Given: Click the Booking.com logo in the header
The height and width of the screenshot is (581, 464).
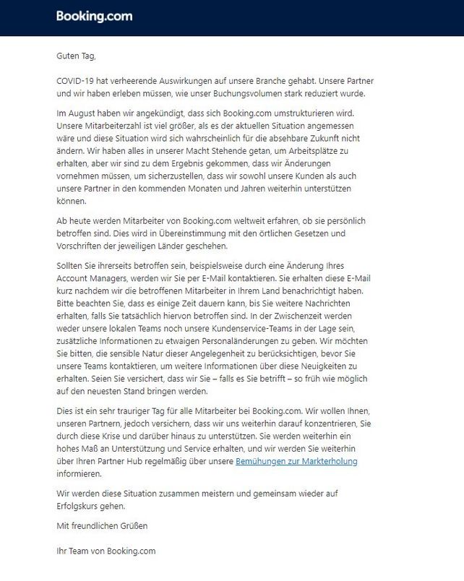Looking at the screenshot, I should (x=94, y=16).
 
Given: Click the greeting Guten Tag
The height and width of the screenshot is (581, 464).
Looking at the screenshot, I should (x=75, y=56).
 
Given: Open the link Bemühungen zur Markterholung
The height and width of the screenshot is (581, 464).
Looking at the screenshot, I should (x=296, y=461).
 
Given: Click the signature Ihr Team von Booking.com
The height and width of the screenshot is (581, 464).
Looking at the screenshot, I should (x=106, y=551).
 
